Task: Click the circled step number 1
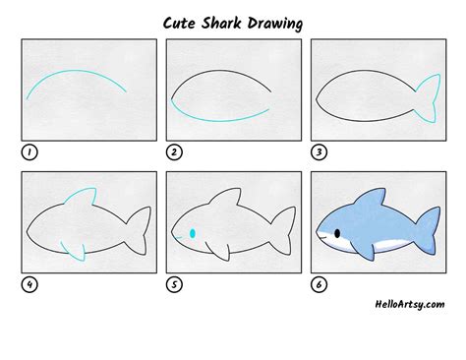pos(29,152)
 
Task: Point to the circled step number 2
pos(174,152)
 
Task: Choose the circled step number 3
pos(319,152)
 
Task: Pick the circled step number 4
pos(29,285)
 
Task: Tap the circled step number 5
pos(174,285)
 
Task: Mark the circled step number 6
pos(319,285)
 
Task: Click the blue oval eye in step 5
pos(192,233)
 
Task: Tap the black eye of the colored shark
pos(337,233)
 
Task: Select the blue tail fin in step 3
pos(429,96)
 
